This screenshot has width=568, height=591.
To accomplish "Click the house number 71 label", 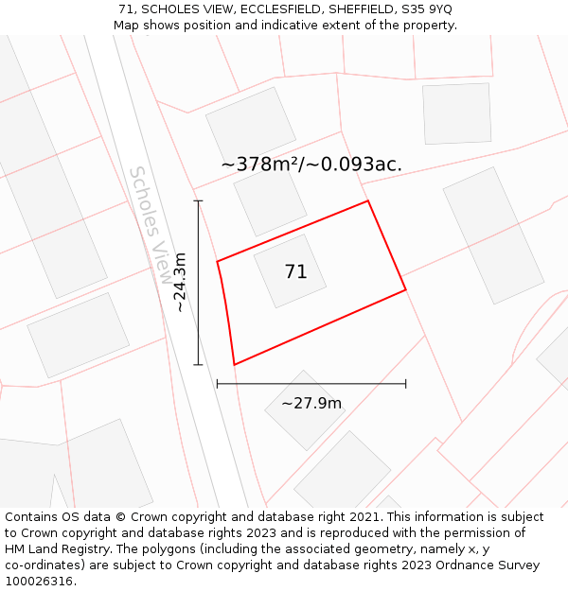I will (295, 272).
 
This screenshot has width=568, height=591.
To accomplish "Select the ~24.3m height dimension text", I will (180, 282).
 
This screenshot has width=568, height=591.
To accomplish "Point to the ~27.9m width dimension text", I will (311, 404).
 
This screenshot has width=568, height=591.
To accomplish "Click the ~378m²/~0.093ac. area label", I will (311, 165).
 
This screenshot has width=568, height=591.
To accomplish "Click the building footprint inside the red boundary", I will (290, 271).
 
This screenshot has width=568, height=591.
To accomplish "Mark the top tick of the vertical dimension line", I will (198, 200).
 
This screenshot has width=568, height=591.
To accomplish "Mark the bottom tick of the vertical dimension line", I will (198, 364).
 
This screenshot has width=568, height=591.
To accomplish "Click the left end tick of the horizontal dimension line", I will (218, 384).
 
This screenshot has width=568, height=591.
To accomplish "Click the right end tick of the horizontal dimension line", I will (406, 384).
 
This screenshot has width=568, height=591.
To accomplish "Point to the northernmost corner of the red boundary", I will (367, 200).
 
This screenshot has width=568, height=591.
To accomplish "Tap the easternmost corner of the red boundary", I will (406, 289).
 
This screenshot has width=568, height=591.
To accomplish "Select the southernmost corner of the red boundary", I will (234, 364).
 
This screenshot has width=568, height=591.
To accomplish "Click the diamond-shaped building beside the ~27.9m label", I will (305, 409).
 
